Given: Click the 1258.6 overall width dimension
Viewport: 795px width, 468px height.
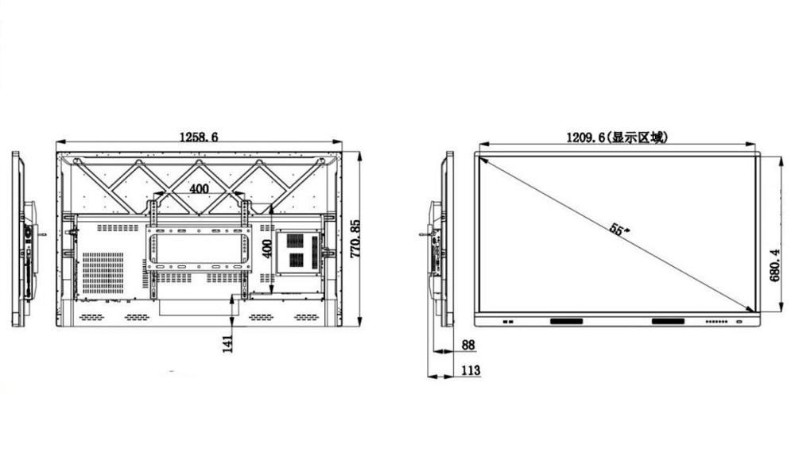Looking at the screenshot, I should pos(198,137).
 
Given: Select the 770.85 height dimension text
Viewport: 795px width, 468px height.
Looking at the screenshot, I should pos(355,238).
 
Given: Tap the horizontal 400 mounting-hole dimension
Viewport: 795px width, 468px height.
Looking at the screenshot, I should pos(199,188).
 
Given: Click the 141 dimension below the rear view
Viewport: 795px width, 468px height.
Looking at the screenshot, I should pos(228,343).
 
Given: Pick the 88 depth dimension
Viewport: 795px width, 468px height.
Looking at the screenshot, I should pos(467,346).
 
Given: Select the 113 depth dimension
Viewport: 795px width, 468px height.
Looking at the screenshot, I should pos(470,370).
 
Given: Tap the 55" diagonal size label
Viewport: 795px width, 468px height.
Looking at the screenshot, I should pos(619,230).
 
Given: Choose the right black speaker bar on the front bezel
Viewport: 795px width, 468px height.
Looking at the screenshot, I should pos(667,322).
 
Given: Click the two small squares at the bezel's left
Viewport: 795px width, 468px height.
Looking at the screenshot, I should pos(508,323).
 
